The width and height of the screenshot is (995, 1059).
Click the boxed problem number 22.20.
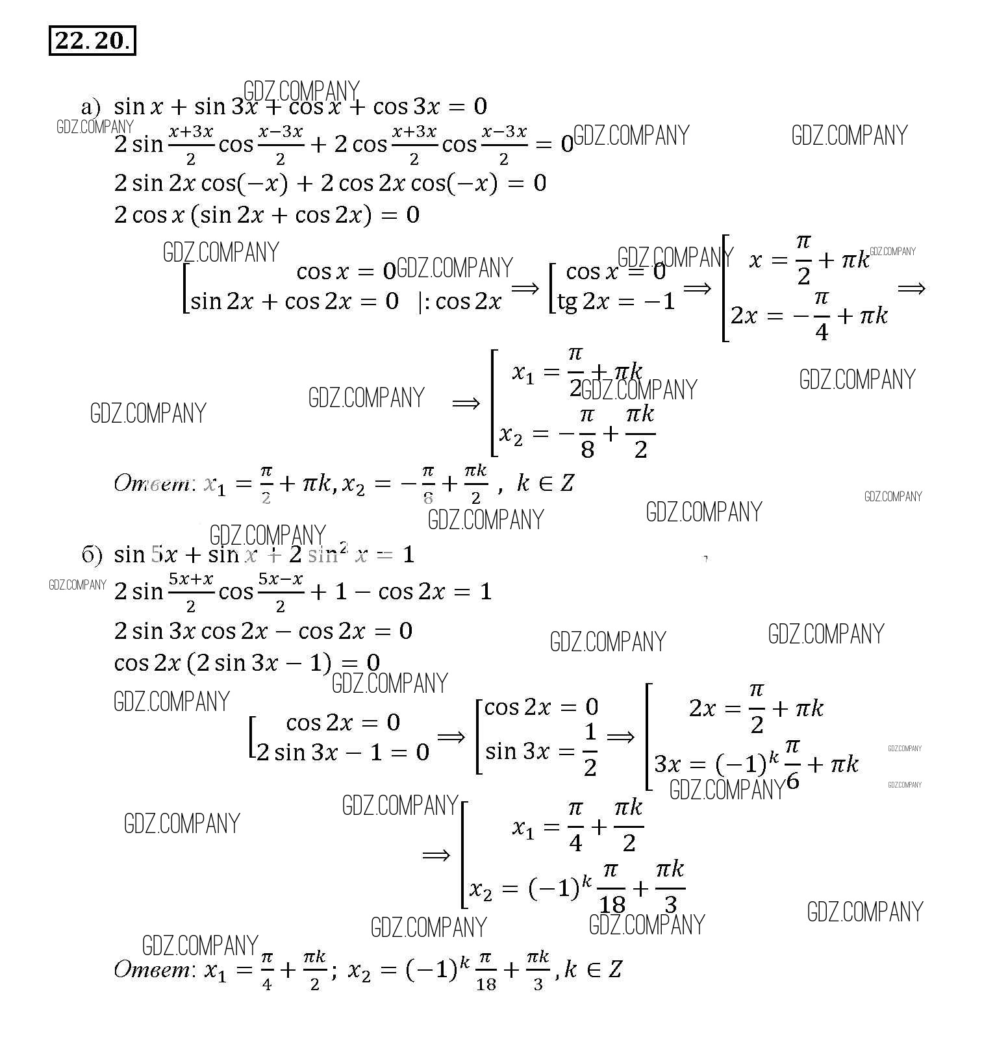pyautogui.click(x=92, y=41)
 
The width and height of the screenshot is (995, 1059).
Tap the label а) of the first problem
pyautogui.click(x=91, y=106)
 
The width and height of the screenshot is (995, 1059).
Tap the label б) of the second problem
pyautogui.click(x=92, y=554)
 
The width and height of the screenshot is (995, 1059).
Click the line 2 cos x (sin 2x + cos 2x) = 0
pyautogui.click(x=266, y=215)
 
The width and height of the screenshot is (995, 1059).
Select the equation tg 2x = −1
pyautogui.click(x=616, y=301)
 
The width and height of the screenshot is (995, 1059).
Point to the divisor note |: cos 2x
pyautogui.click(x=460, y=302)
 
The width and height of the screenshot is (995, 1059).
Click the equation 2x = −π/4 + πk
pyautogui.click(x=809, y=316)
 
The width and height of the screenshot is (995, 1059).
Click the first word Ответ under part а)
pyautogui.click(x=151, y=484)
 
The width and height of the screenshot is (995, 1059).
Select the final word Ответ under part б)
pyautogui.click(x=151, y=970)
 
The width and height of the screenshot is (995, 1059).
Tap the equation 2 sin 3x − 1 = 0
pyautogui.click(x=343, y=753)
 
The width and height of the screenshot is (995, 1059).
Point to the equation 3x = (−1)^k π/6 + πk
pyautogui.click(x=756, y=764)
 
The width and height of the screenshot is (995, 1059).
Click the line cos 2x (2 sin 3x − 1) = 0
pyautogui.click(x=247, y=663)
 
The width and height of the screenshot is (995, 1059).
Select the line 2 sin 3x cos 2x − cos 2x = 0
pyautogui.click(x=263, y=631)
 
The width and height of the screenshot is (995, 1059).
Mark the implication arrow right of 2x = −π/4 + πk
pyautogui.click(x=911, y=288)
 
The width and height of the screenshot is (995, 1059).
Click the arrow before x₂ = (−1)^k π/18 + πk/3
pyautogui.click(x=436, y=854)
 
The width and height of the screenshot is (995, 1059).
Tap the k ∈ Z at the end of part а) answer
pyautogui.click(x=546, y=484)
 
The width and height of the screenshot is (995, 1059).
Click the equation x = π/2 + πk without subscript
pyautogui.click(x=809, y=260)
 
